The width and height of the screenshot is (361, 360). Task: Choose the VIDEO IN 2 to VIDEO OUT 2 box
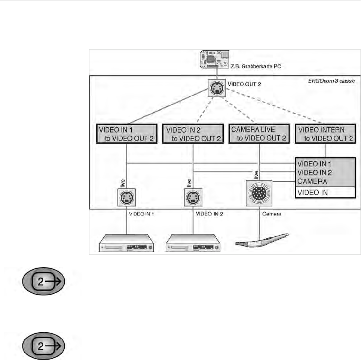point(192,134)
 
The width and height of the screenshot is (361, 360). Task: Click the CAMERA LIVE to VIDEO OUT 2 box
point(259,134)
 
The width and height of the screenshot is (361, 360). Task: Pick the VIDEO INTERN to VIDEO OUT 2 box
point(325,134)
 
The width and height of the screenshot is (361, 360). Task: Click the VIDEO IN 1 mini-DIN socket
point(126,197)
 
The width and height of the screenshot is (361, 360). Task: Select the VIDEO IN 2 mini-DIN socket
point(192,197)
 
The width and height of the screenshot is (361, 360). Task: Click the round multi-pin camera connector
point(259,193)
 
